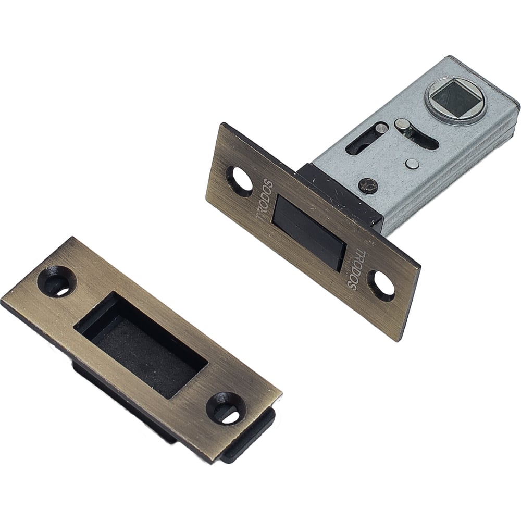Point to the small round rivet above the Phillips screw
click(x=412, y=163)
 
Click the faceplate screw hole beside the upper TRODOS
click(x=240, y=179)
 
